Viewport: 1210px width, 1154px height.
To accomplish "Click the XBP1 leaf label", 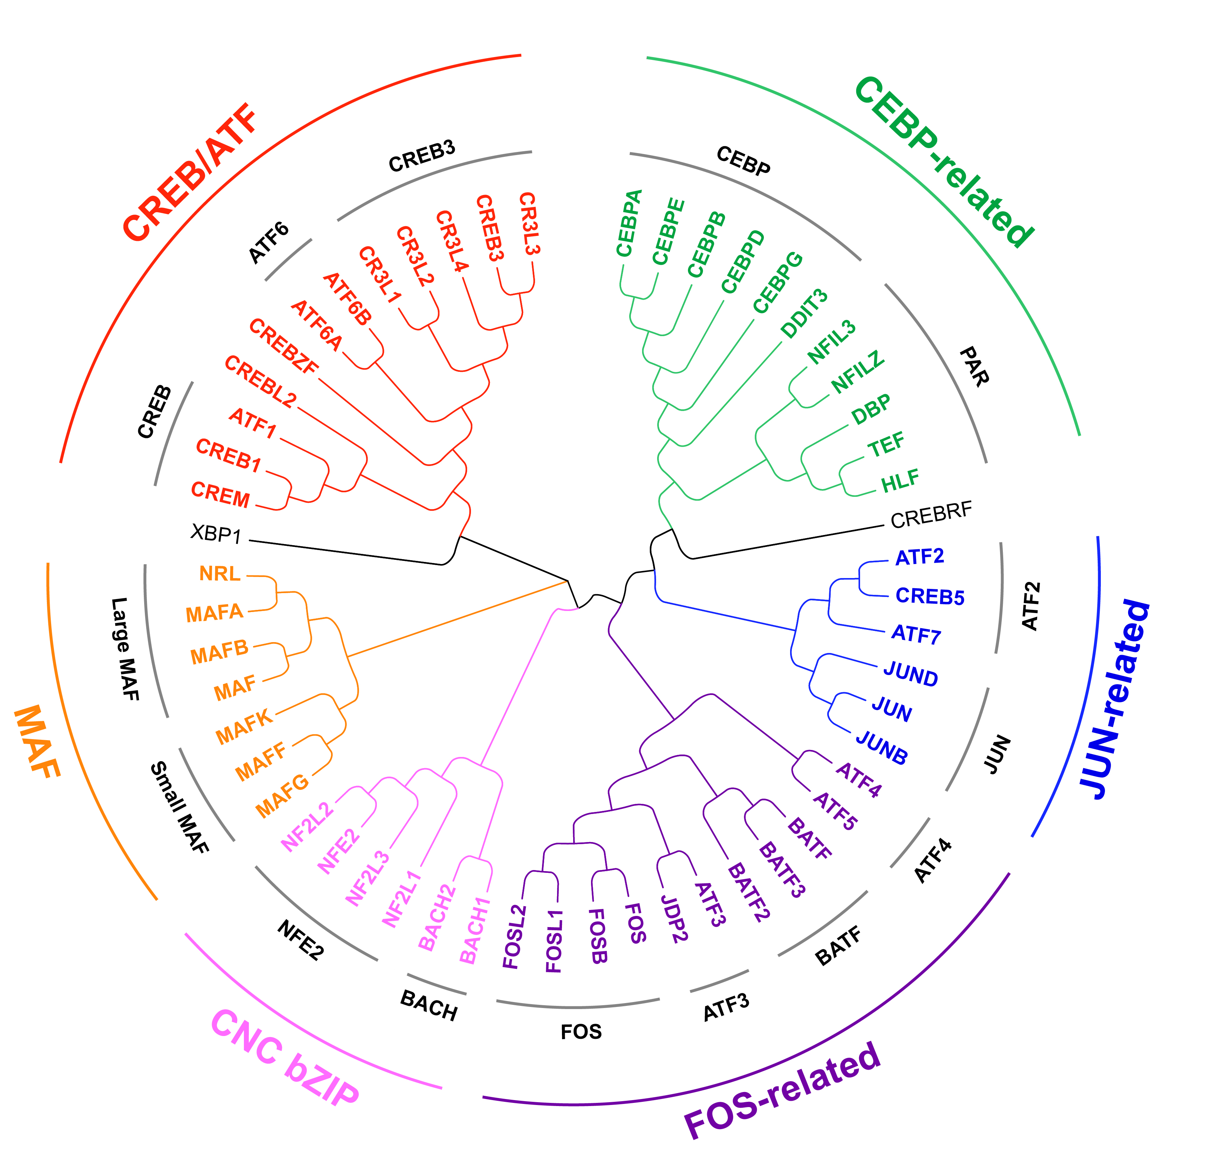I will [x=216, y=533].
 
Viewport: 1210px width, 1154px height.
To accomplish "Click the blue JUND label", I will [x=910, y=674].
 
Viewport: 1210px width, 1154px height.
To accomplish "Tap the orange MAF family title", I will [x=37, y=741].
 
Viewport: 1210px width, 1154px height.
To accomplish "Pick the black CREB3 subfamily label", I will [x=422, y=156].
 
